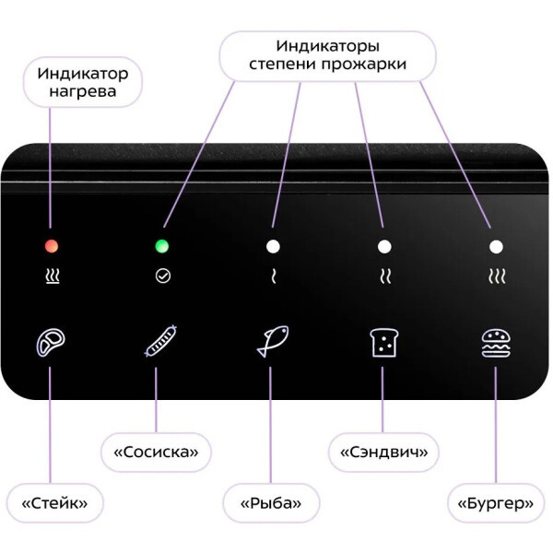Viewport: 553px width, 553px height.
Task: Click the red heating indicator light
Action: point(52,246)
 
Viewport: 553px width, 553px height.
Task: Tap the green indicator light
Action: point(163,246)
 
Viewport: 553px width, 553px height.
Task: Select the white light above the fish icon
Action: point(273,246)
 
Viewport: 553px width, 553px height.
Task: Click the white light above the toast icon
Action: point(384,246)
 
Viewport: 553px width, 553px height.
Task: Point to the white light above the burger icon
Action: point(496,246)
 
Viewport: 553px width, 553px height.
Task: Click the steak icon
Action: point(51,343)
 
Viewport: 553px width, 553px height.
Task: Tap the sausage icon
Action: point(161,341)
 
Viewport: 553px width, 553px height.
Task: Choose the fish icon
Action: point(273,341)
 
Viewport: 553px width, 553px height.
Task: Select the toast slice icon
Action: point(383,342)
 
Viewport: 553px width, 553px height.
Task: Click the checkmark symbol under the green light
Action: point(163,276)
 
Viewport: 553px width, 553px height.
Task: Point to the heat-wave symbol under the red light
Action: point(52,276)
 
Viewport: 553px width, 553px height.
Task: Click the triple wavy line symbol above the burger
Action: point(496,276)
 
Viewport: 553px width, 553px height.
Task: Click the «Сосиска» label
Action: point(156,453)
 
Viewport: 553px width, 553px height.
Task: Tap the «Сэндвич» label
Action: point(383,453)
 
